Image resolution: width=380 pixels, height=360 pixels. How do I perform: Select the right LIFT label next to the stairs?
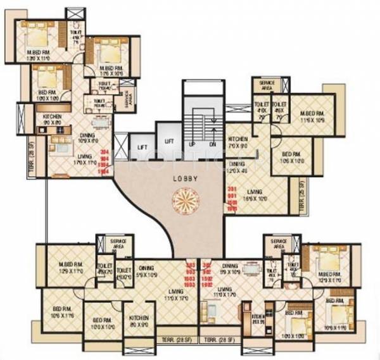tap(169, 142)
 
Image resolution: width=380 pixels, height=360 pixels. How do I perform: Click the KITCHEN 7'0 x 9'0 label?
tap(238, 141)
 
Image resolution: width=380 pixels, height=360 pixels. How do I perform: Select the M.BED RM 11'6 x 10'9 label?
tap(312, 116)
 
